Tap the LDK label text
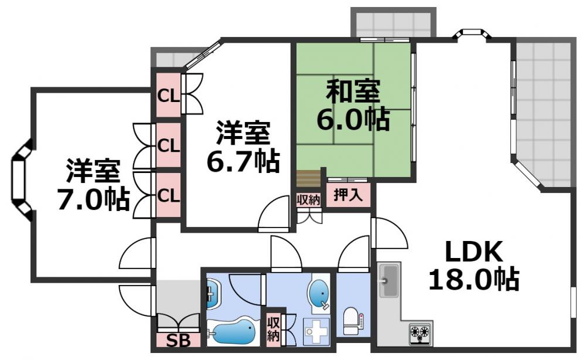tap(473, 252)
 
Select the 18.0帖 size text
tap(473, 279)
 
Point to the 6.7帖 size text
tap(243, 161)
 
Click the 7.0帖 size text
tap(93, 199)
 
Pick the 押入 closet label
tap(348, 195)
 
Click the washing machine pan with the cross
tap(316, 331)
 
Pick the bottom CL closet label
tap(169, 194)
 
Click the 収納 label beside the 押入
tap(308, 199)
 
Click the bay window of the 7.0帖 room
tap(21, 180)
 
